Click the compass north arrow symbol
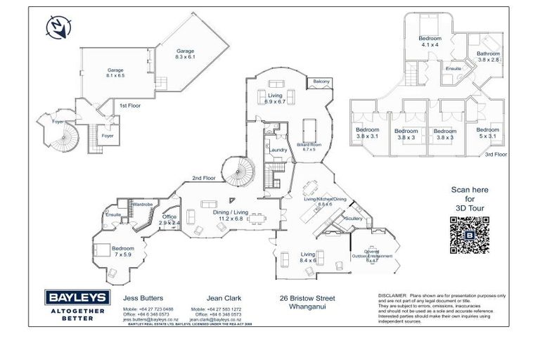56,27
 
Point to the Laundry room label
278,150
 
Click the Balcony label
321,82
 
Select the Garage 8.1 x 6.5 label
115,72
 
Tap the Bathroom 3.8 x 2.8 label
488,57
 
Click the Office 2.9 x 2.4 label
170,219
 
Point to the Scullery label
353,218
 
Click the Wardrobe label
143,204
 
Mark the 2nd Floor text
204,178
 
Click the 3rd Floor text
496,153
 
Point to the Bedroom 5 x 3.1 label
487,133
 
